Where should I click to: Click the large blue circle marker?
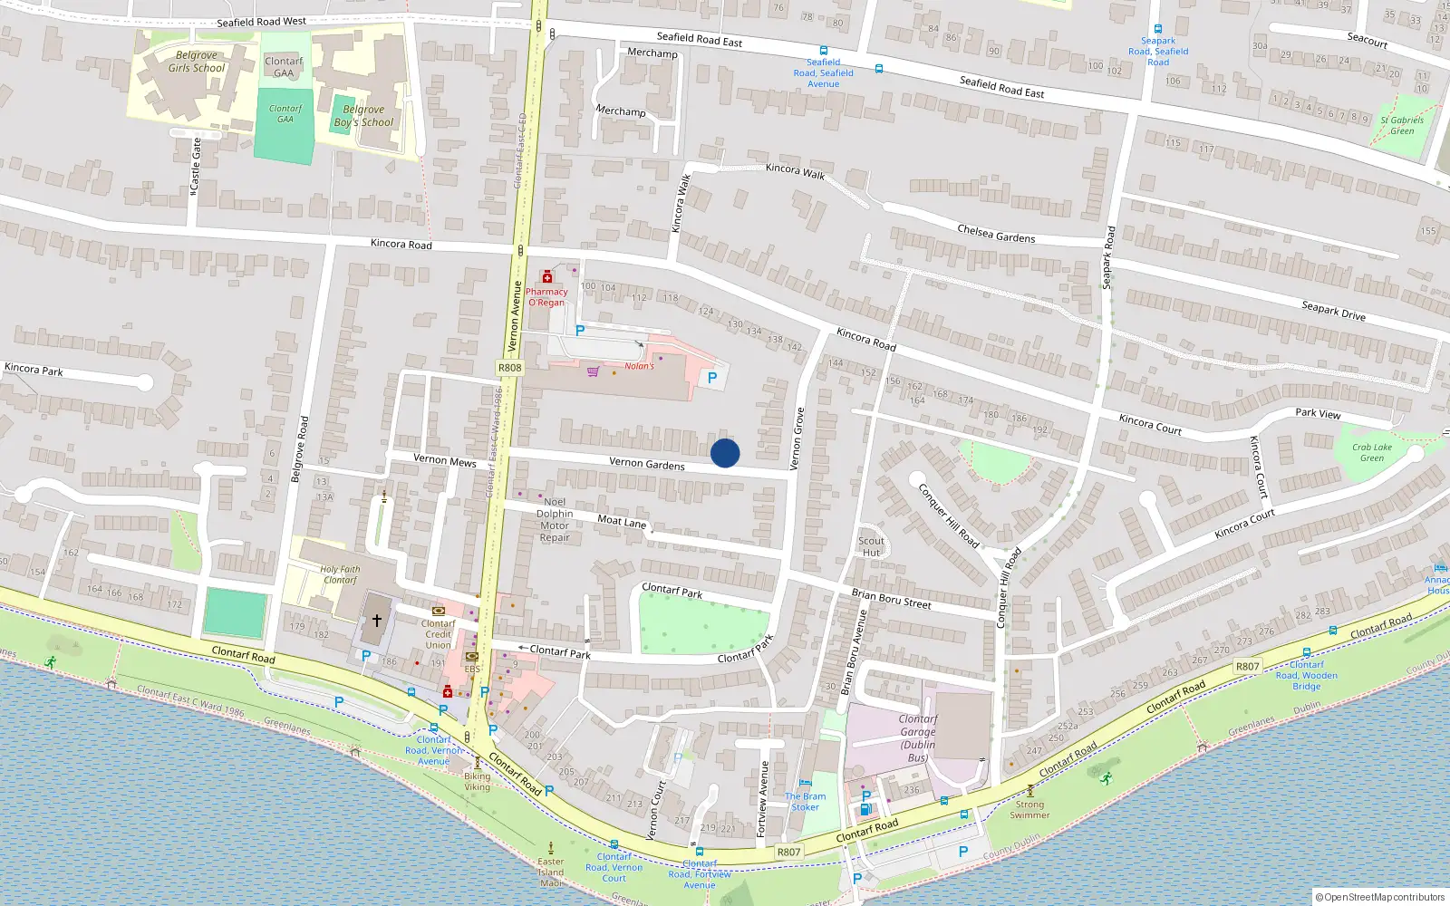tap(725, 453)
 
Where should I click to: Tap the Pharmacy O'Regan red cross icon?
tap(546, 276)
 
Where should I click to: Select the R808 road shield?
tap(510, 368)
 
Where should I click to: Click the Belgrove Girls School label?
tap(197, 62)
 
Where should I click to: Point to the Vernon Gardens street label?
tap(647, 464)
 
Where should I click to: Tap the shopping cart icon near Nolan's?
tap(593, 371)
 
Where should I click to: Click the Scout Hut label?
tap(871, 546)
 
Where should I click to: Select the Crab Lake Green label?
tap(1372, 452)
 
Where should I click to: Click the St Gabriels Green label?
tap(1402, 125)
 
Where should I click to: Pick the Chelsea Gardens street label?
tap(996, 234)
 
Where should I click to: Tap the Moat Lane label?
tap(622, 521)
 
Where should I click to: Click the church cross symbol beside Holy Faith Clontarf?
tap(377, 621)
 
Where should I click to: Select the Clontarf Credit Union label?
tap(438, 633)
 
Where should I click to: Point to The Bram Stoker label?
tap(805, 802)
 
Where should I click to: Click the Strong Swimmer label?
tap(1029, 809)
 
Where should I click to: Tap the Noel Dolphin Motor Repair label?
tap(555, 519)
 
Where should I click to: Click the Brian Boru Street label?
tap(891, 599)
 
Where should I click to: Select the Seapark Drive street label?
tap(1333, 311)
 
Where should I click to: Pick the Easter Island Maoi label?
tap(551, 872)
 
